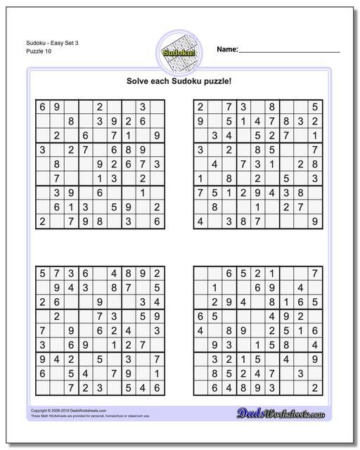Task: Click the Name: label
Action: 226,50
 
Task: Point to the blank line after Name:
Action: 289,52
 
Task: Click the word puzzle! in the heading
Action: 216,81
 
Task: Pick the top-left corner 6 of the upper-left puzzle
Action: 43,107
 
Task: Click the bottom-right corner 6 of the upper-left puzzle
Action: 157,221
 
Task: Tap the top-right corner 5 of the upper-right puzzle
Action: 316,107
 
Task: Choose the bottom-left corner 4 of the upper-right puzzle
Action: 200,221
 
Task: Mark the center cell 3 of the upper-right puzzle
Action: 258,164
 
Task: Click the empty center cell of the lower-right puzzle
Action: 258,330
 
